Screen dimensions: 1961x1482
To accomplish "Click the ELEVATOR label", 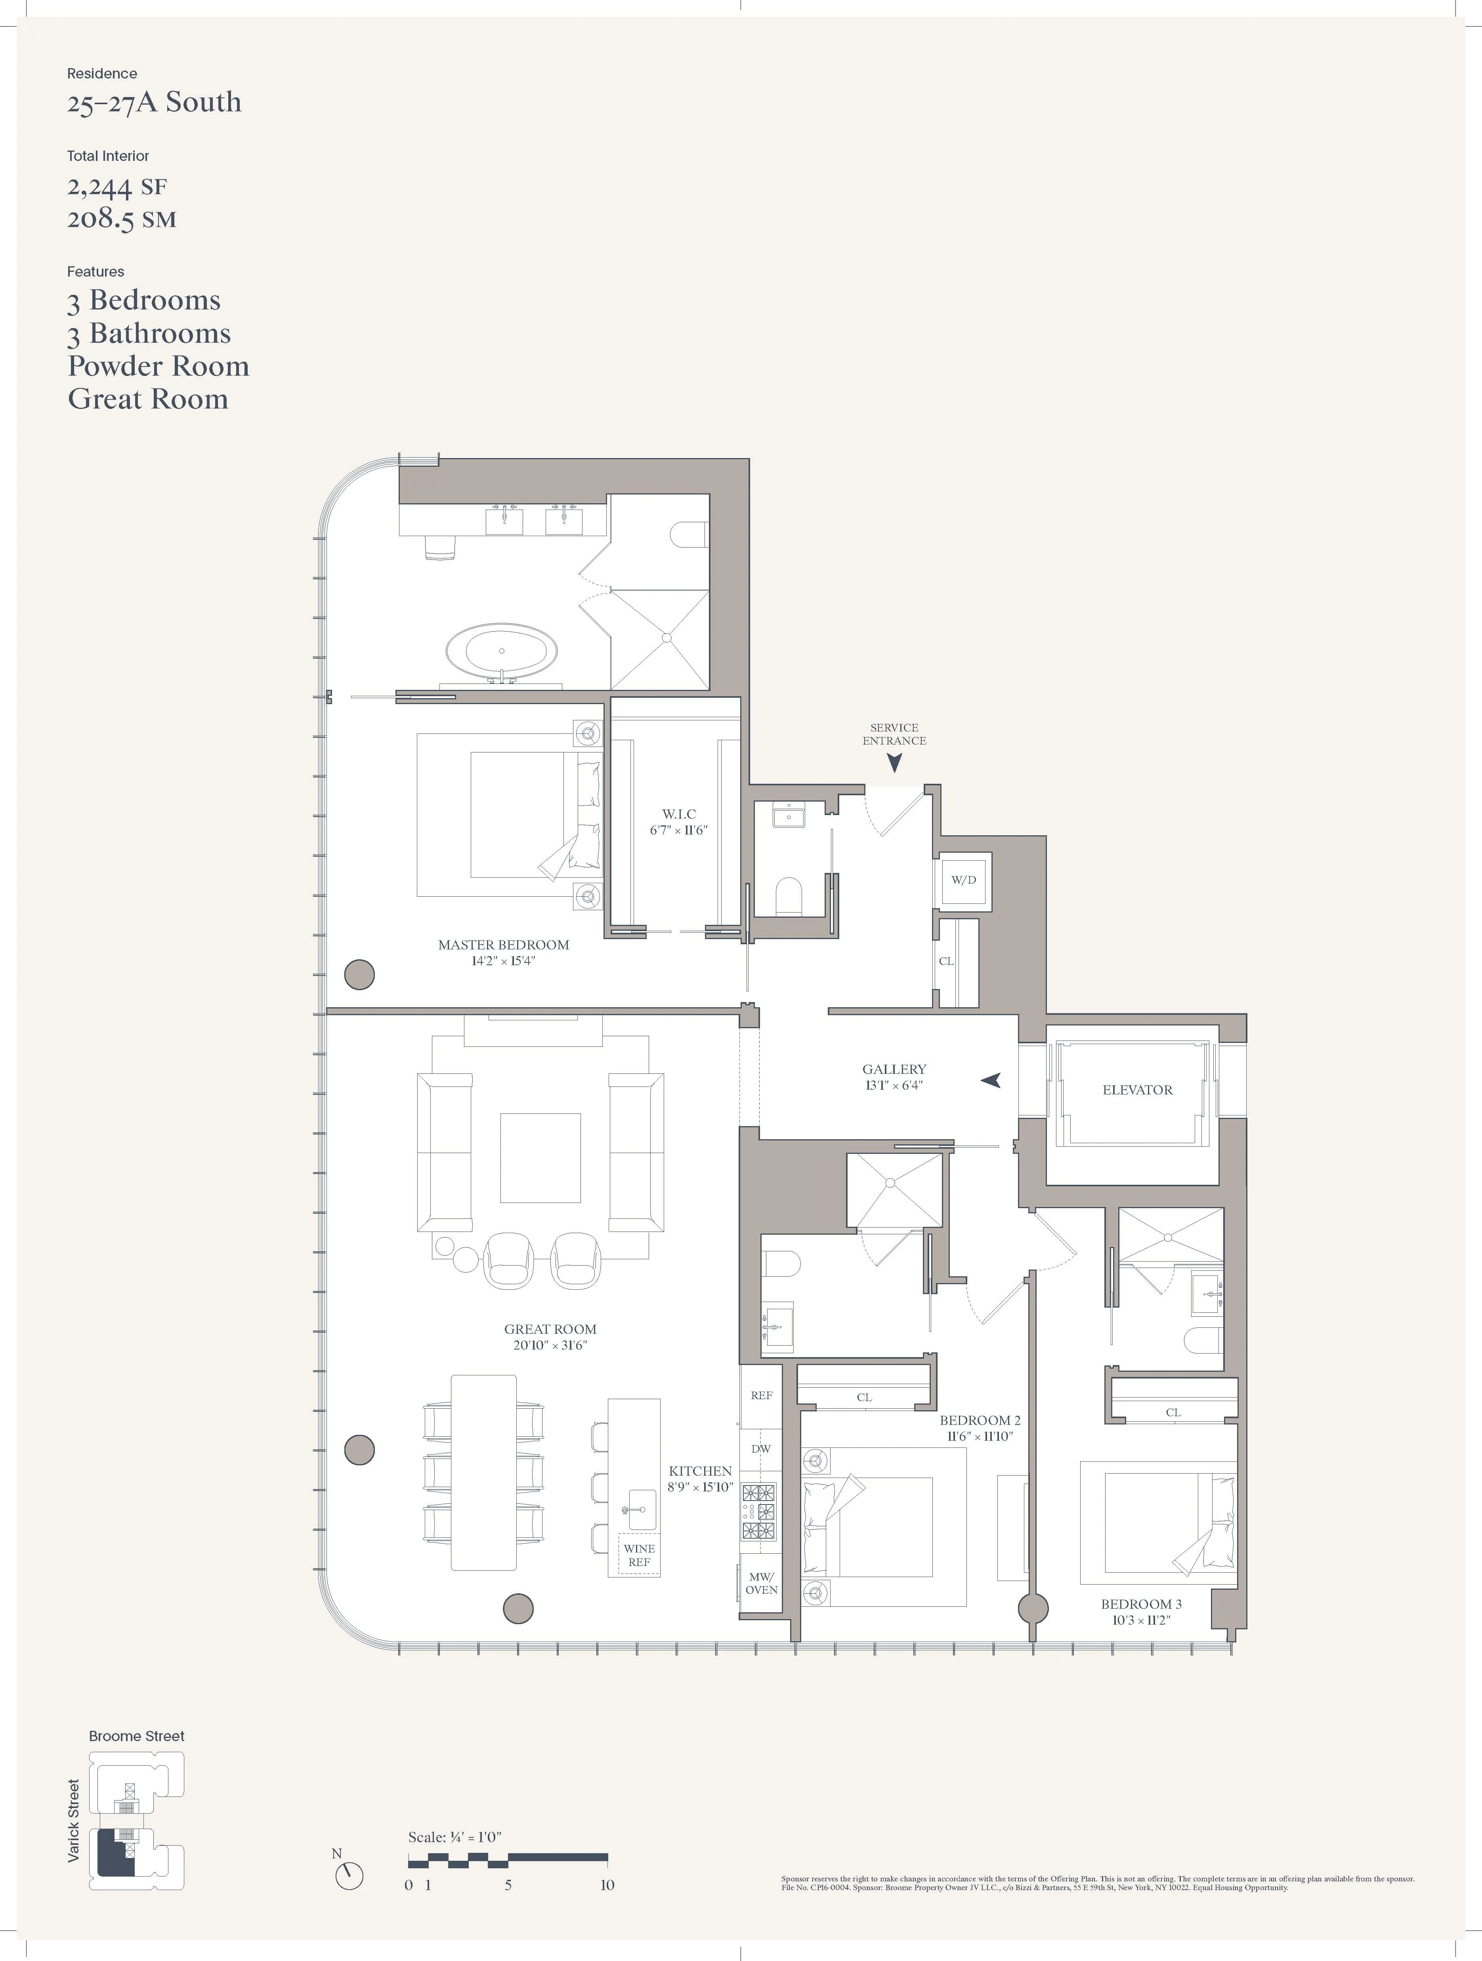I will pos(1137,1090).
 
